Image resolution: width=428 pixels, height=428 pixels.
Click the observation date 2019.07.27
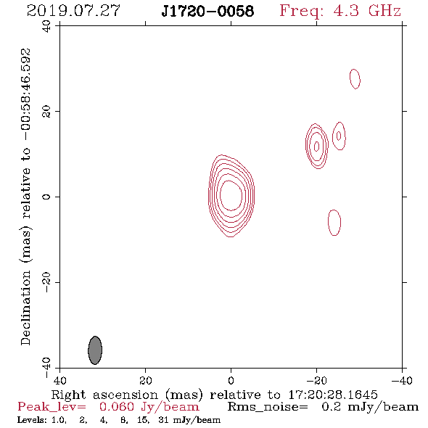[x=73, y=11]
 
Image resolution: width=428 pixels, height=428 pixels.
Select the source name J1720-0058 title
[x=207, y=11]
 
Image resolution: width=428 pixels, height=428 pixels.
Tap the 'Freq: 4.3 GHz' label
[x=340, y=11]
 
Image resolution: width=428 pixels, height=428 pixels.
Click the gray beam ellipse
[x=95, y=350]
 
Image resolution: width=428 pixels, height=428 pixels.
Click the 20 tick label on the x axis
[x=146, y=381]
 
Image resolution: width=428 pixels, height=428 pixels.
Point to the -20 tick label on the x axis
[x=316, y=381]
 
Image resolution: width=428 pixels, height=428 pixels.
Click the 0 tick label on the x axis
[x=231, y=381]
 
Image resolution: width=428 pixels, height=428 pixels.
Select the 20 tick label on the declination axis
[x=46, y=112]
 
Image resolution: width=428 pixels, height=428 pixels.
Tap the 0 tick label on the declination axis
[x=46, y=197]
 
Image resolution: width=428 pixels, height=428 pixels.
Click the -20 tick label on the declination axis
[x=46, y=282]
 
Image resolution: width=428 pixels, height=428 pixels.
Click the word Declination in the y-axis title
[x=25, y=308]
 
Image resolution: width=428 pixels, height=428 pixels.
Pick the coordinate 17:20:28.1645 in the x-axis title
[x=333, y=395]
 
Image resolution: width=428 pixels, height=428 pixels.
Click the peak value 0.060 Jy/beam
[x=149, y=407]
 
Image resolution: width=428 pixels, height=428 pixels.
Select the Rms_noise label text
[x=268, y=407]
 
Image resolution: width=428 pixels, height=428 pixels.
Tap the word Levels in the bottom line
[x=32, y=420]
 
